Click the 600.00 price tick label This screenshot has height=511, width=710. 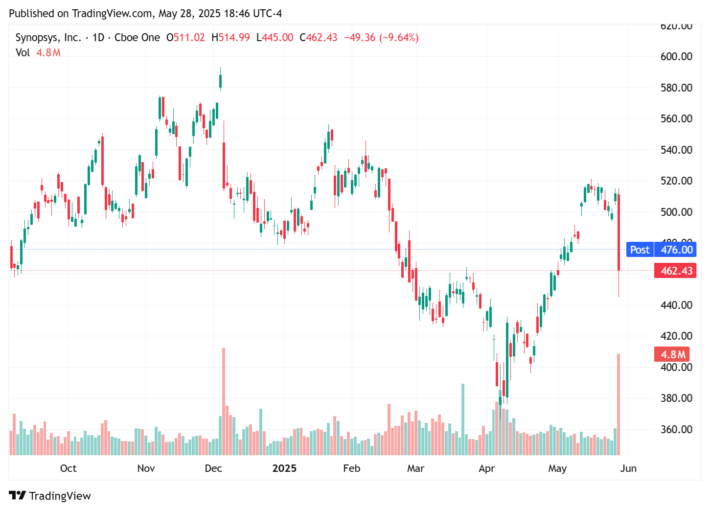coord(676,56)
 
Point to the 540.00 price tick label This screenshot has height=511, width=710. coord(676,150)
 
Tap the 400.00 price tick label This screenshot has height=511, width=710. coord(676,367)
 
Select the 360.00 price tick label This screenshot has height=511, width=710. coord(676,429)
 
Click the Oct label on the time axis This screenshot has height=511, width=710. coord(68,468)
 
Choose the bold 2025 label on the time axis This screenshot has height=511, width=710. coord(284,468)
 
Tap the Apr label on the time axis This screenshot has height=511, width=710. coord(486,468)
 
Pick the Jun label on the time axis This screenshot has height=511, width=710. coord(628,468)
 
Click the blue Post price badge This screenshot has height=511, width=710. coord(640,250)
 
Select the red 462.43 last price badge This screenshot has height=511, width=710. coord(677,271)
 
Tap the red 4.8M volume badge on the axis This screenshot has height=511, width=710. coord(672,354)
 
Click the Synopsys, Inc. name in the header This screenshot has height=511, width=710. coord(48,38)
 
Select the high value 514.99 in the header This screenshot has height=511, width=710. coord(234,38)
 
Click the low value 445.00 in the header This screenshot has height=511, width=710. coord(277,38)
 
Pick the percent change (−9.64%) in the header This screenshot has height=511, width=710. coord(399,38)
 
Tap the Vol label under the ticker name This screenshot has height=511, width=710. coord(23,52)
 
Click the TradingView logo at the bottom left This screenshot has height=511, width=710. coord(50,496)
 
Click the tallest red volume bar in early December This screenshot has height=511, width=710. coord(224,401)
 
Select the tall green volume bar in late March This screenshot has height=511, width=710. coord(463,419)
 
